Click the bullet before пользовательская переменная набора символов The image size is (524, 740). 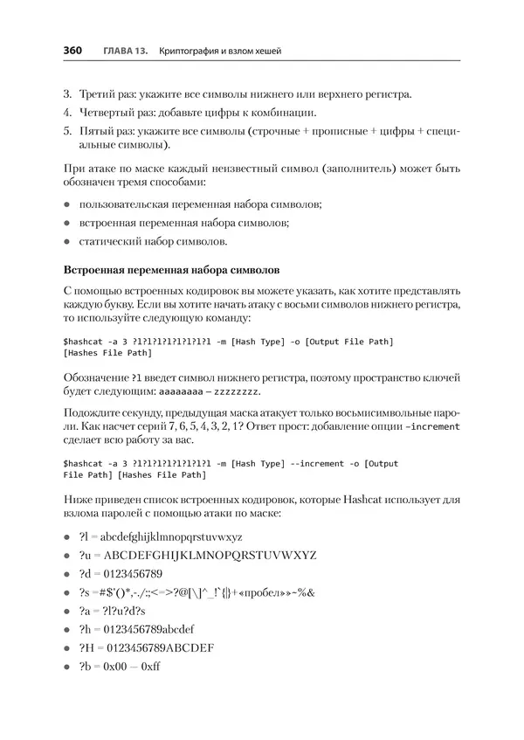point(66,204)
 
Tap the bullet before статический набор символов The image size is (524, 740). point(66,240)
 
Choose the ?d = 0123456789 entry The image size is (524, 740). point(121,573)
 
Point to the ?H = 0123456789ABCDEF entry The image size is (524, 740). point(146,647)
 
